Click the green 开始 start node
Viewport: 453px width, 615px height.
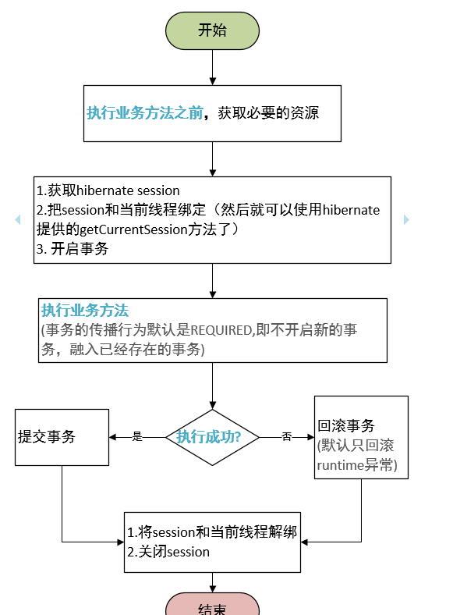pos(212,30)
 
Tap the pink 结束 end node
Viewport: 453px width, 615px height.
pos(212,604)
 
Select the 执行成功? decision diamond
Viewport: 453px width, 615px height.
pos(212,437)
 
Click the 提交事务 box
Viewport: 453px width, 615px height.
pos(62,437)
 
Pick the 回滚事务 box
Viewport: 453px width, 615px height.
pos(361,437)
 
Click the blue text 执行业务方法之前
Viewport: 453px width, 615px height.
pos(145,113)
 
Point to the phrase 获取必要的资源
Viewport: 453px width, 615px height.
pos(268,113)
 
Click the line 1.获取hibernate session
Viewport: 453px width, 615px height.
pos(108,190)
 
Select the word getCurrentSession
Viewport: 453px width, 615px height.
pos(133,229)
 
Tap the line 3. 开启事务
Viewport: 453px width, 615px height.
pos(73,249)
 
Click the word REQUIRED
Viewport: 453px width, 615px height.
pos(221,330)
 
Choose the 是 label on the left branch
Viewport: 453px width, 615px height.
pos(137,436)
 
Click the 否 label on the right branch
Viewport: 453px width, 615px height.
pos(287,436)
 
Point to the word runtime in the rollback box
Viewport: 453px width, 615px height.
pos(341,465)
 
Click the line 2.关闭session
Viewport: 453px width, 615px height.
pos(168,552)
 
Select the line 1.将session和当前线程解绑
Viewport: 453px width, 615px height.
pos(212,532)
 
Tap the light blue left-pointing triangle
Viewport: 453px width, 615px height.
pos(18,219)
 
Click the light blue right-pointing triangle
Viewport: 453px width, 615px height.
pos(406,219)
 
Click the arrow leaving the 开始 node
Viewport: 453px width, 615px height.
pos(212,67)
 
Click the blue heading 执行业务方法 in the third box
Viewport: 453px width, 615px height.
pos(85,311)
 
